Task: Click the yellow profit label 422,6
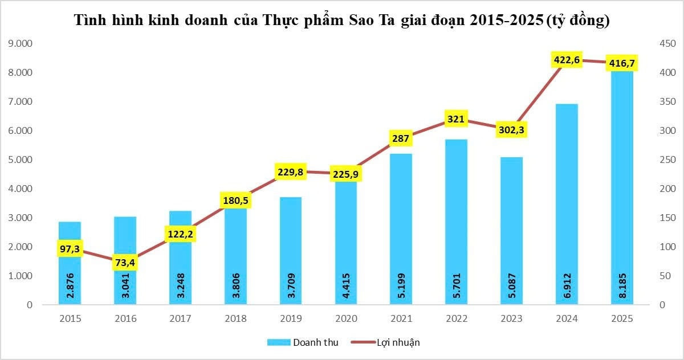pyautogui.click(x=567, y=59)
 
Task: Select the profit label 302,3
pyautogui.click(x=511, y=129)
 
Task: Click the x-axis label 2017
pyautogui.click(x=180, y=318)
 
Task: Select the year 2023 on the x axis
pyautogui.click(x=511, y=318)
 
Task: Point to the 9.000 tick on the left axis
pyautogui.click(x=20, y=44)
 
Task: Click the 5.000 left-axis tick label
pyautogui.click(x=20, y=160)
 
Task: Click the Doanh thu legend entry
pyautogui.click(x=303, y=342)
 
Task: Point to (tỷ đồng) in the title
pyautogui.click(x=577, y=21)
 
